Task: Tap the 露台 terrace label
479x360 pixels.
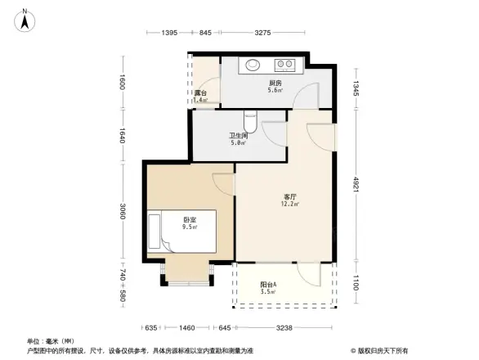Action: pos(199,92)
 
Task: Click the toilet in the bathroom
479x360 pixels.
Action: pos(252,122)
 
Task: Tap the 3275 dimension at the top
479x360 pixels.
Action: pos(262,32)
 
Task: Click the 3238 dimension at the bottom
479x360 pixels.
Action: pos(284,328)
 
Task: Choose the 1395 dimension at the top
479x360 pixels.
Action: pos(169,32)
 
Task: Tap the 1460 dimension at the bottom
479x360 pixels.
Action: pos(187,328)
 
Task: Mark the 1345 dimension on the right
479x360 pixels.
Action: pos(356,88)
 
